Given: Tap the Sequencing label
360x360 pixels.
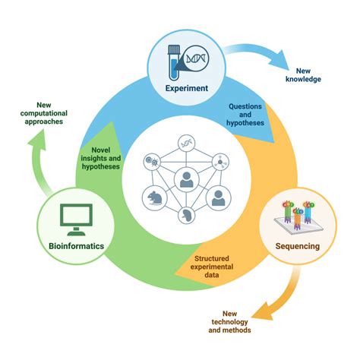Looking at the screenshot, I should pos(295,247).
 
